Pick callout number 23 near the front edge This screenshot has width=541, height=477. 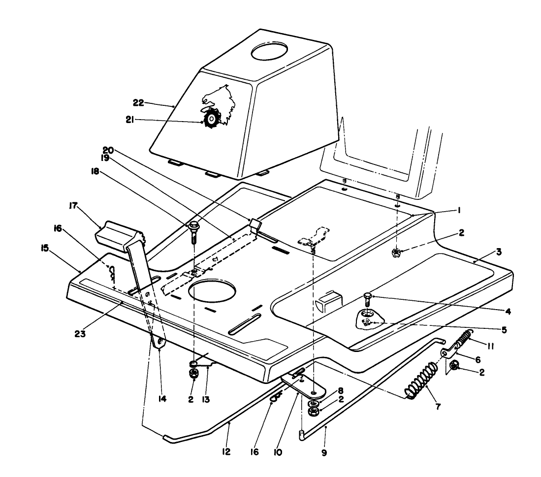(81, 333)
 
